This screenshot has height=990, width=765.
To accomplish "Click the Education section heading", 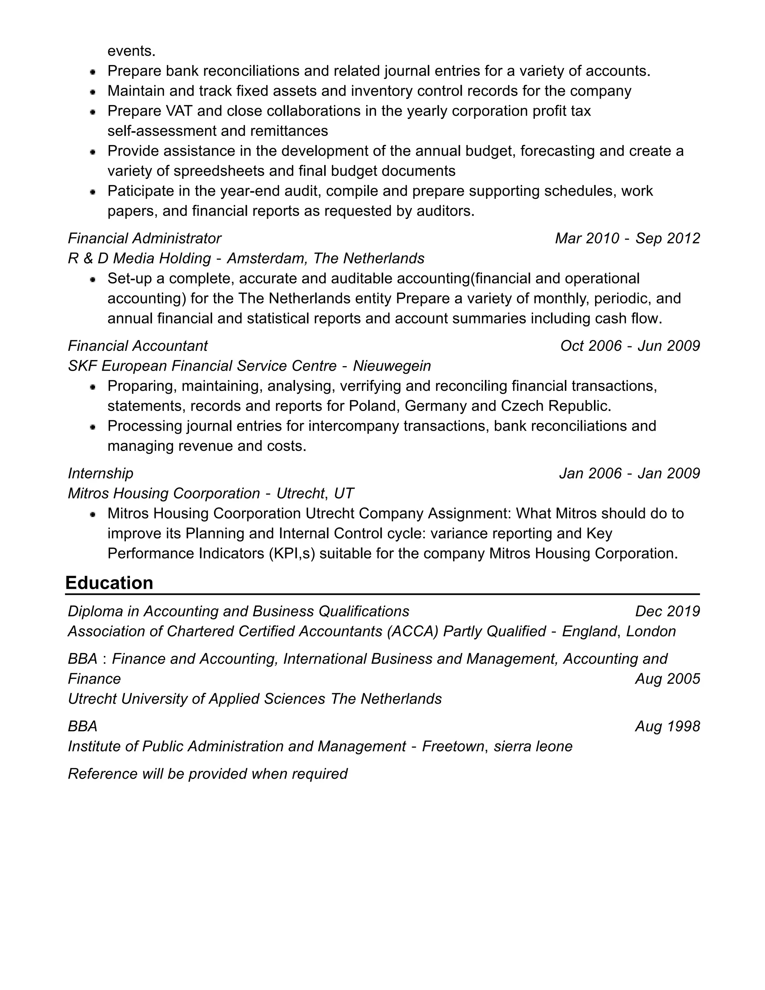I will (109, 583).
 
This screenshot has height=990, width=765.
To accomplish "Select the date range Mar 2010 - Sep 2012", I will (627, 238).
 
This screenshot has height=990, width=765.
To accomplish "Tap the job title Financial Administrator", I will (145, 238).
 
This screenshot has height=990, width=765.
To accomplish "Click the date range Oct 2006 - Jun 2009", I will (630, 346).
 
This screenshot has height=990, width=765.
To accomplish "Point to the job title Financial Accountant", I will (138, 346).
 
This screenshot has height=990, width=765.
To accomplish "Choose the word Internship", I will (100, 473).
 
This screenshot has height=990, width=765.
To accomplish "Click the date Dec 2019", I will (667, 612).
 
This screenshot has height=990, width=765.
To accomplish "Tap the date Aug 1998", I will (667, 726).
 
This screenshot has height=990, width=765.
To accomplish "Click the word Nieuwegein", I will (391, 366).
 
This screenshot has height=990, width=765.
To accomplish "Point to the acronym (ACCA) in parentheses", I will (412, 631).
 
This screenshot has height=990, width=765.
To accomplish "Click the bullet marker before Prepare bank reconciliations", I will (93, 72).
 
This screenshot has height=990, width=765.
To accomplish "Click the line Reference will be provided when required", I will (208, 774).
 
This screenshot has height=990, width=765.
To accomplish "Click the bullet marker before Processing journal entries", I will (93, 427).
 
